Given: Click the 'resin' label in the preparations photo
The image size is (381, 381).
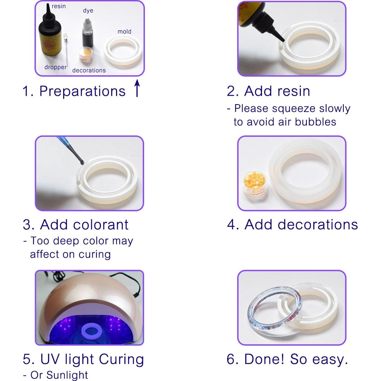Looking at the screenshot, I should [x=59, y=6].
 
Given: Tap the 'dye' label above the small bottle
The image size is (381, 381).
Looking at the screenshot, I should [x=88, y=11].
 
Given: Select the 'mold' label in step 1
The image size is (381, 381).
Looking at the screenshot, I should [x=124, y=32].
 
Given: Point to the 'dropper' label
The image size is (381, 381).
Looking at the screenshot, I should [x=55, y=67].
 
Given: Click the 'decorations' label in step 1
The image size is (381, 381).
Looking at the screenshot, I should [x=89, y=70].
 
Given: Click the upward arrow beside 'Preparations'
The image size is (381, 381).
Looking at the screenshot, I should [x=137, y=88].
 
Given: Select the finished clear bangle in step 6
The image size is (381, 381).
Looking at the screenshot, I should [x=273, y=316].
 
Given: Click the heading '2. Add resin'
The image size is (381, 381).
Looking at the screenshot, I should [x=268, y=91].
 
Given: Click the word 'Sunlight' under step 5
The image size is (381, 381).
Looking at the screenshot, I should [x=67, y=375].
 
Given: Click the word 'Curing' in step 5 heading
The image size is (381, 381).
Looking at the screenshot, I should [x=121, y=359].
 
